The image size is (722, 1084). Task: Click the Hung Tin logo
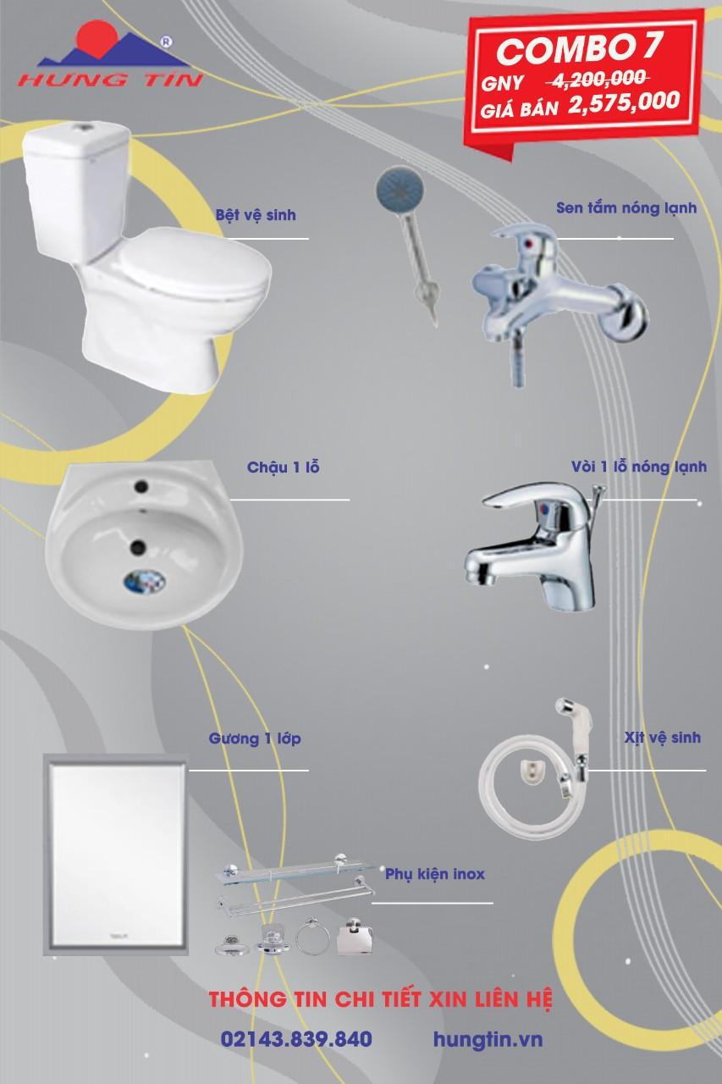coord(110,54)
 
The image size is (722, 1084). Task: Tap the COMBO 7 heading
coord(578,48)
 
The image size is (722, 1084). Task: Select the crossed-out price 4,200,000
coord(598,79)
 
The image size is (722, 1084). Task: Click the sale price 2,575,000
coord(625,102)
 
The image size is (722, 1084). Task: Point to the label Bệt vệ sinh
coord(256,214)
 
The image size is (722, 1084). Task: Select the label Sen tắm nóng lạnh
coord(626,207)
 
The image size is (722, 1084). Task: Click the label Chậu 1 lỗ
coord(284,467)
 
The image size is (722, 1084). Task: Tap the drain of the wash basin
coord(144,581)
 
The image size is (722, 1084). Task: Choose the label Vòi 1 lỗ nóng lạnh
coord(639,467)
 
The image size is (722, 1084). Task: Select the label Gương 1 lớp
coord(255,738)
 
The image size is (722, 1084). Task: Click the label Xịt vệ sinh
coord(662,737)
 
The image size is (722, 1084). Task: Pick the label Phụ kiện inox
coord(435,874)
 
